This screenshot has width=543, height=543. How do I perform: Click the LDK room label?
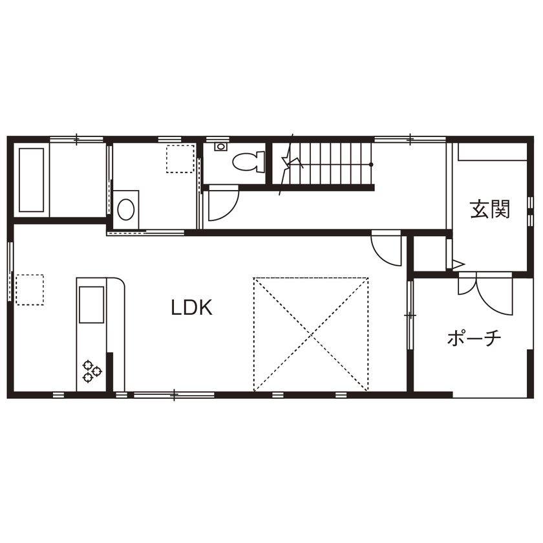coord(192,308)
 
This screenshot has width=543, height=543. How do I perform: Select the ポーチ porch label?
coord(474,337)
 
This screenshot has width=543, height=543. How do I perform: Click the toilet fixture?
coord(249,160)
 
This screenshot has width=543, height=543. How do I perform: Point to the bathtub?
coord(32,180)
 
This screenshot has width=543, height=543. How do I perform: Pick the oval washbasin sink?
coord(126,209)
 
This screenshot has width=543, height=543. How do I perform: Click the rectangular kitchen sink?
coord(91,304)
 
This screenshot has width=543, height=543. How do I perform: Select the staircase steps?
coord(330,164)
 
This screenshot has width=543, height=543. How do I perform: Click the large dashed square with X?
coord(311,334)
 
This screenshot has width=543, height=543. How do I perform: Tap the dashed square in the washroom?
coord(180,158)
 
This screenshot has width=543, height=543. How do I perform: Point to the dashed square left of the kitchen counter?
coord(29,289)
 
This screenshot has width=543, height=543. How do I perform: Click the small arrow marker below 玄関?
coord(458,264)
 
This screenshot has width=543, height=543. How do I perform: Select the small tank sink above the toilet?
coord(220,147)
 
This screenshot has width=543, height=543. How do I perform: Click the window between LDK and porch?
coord(410,315)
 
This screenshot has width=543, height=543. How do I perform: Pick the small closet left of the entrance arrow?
coord(429,254)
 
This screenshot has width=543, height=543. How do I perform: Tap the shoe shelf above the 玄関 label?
coord(493,152)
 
